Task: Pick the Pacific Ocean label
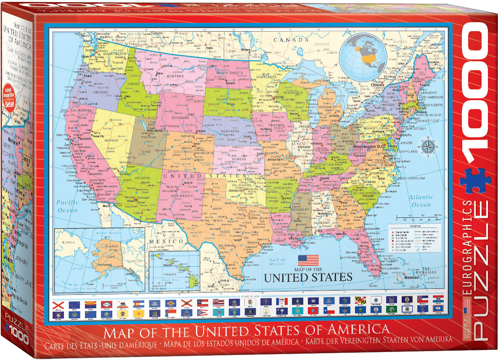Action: (x=67, y=206)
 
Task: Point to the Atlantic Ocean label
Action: (x=421, y=201)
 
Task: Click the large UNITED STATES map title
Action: (x=307, y=277)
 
